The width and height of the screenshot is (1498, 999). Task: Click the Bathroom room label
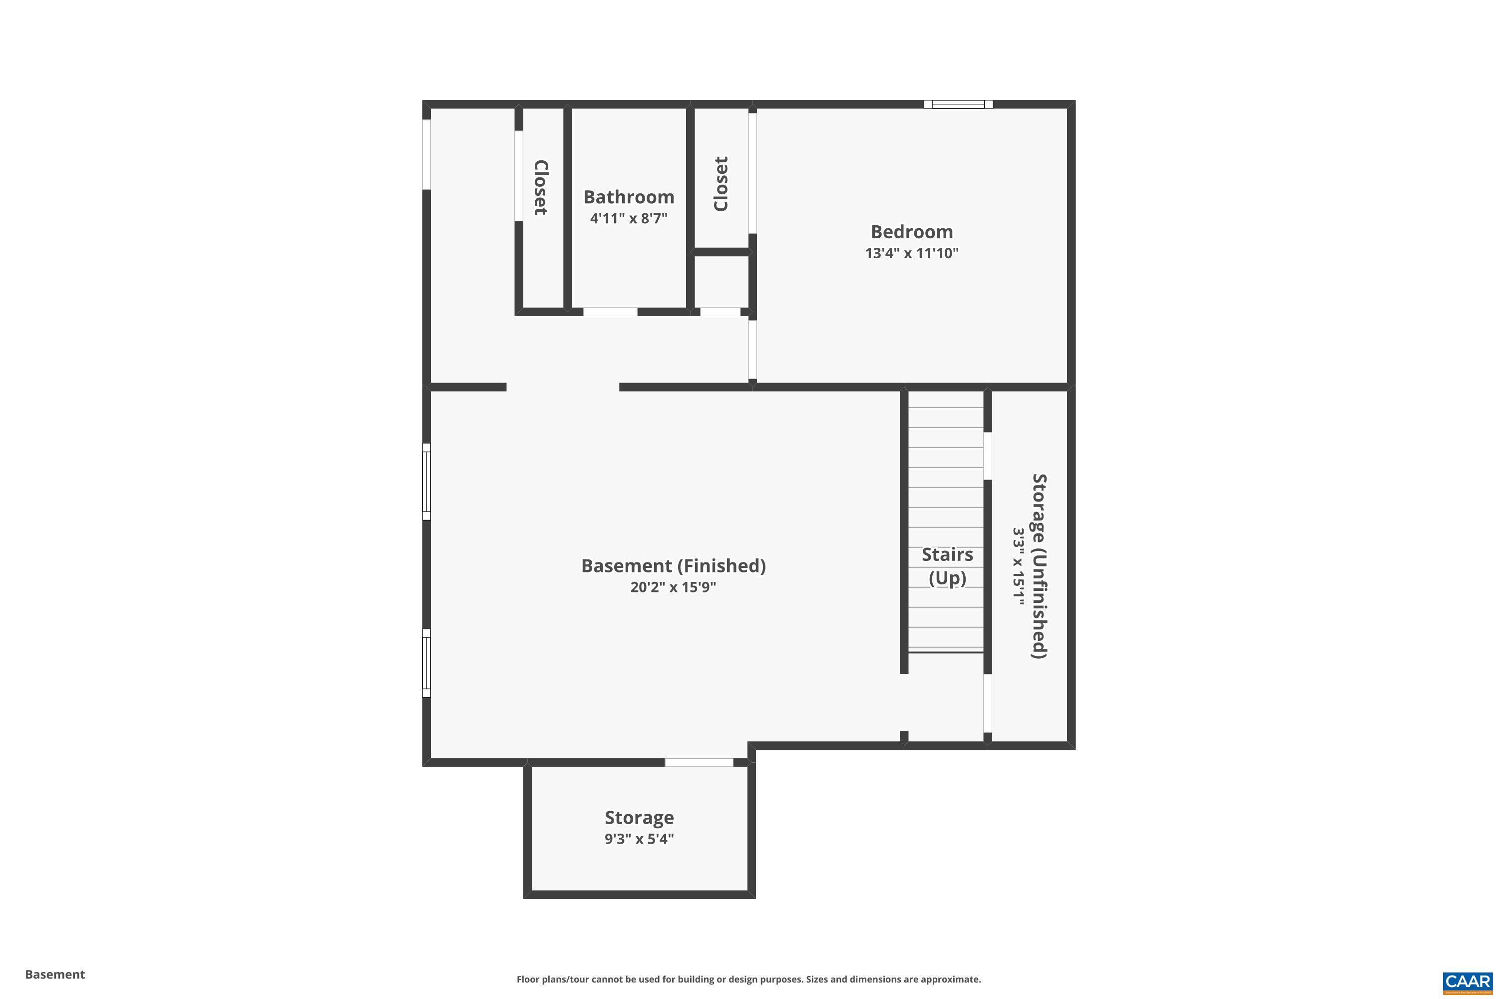629,197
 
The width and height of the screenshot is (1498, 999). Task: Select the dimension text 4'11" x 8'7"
629,219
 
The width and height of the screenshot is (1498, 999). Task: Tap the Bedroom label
911,232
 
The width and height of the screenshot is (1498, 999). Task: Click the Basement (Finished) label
673,566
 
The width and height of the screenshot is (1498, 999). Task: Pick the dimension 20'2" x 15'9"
673,587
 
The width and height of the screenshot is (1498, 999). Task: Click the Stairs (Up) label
947,566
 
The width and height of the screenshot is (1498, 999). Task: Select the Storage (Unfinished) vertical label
1039,566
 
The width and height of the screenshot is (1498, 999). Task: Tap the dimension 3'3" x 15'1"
1019,566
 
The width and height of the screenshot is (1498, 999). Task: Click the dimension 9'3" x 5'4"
639,839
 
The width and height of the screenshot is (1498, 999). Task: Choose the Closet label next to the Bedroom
721,184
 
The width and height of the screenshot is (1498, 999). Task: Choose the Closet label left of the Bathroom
541,187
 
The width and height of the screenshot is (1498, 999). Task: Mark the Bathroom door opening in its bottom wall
610,312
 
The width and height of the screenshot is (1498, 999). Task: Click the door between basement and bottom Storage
699,763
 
